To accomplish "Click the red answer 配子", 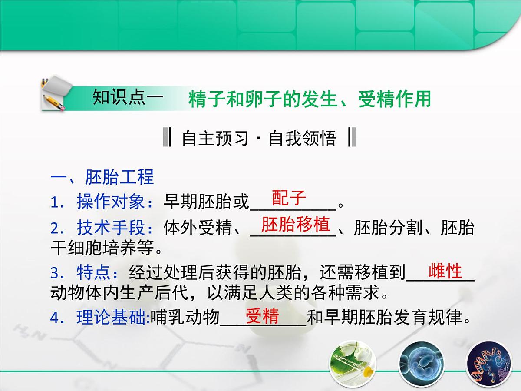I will coord(289,198).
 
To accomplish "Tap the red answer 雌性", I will coord(445,271).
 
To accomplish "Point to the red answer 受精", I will coord(262,317).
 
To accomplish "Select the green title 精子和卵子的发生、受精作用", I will coord(310,99).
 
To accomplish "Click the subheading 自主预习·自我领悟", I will coord(259,139).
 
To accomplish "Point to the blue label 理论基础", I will coord(112,318).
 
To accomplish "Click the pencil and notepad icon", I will coord(54,93).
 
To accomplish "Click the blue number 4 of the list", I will coord(55,318).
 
